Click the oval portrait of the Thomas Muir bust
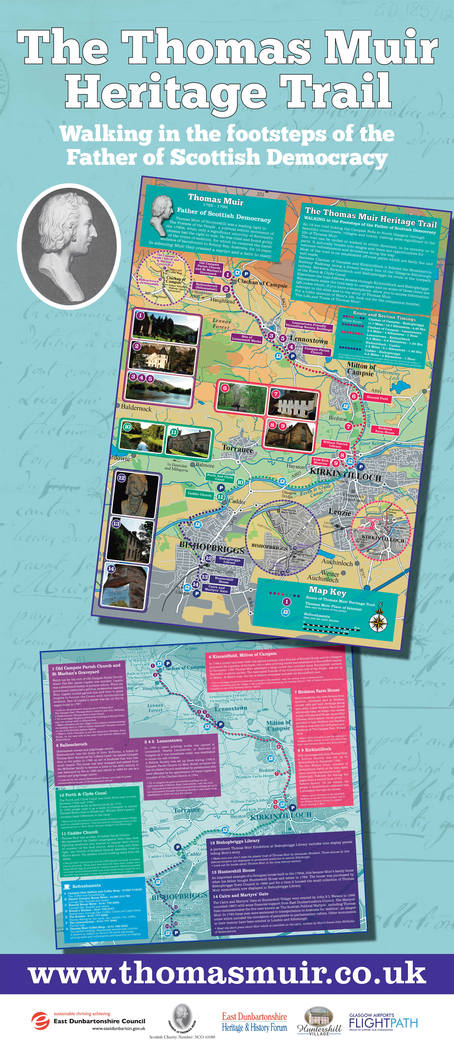tap(69, 245)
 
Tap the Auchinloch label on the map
tap(337, 562)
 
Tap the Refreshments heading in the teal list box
tap(86, 886)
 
